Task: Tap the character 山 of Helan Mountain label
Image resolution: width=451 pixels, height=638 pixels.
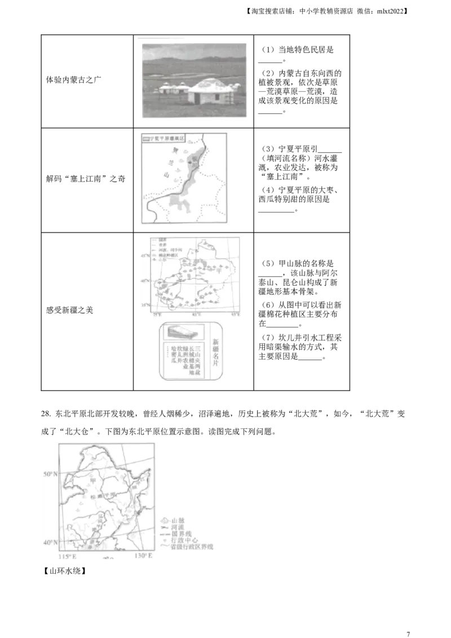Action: pyautogui.click(x=166, y=176)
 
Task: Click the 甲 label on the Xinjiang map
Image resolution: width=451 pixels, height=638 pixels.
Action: pyautogui.click(x=219, y=270)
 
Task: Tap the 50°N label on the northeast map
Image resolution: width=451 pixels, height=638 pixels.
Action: pyautogui.click(x=51, y=474)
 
